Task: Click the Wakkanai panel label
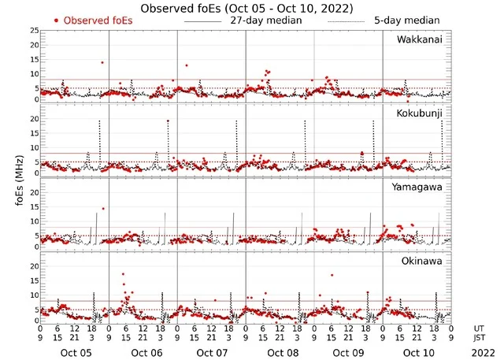click(x=419, y=39)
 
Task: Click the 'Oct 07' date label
click(x=211, y=353)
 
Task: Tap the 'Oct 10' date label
click(x=417, y=353)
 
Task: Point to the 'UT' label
click(x=479, y=328)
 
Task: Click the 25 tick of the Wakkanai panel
click(x=32, y=30)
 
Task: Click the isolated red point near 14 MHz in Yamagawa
click(x=103, y=209)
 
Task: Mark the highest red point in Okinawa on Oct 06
click(x=123, y=274)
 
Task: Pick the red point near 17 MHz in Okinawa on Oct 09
click(x=332, y=275)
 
